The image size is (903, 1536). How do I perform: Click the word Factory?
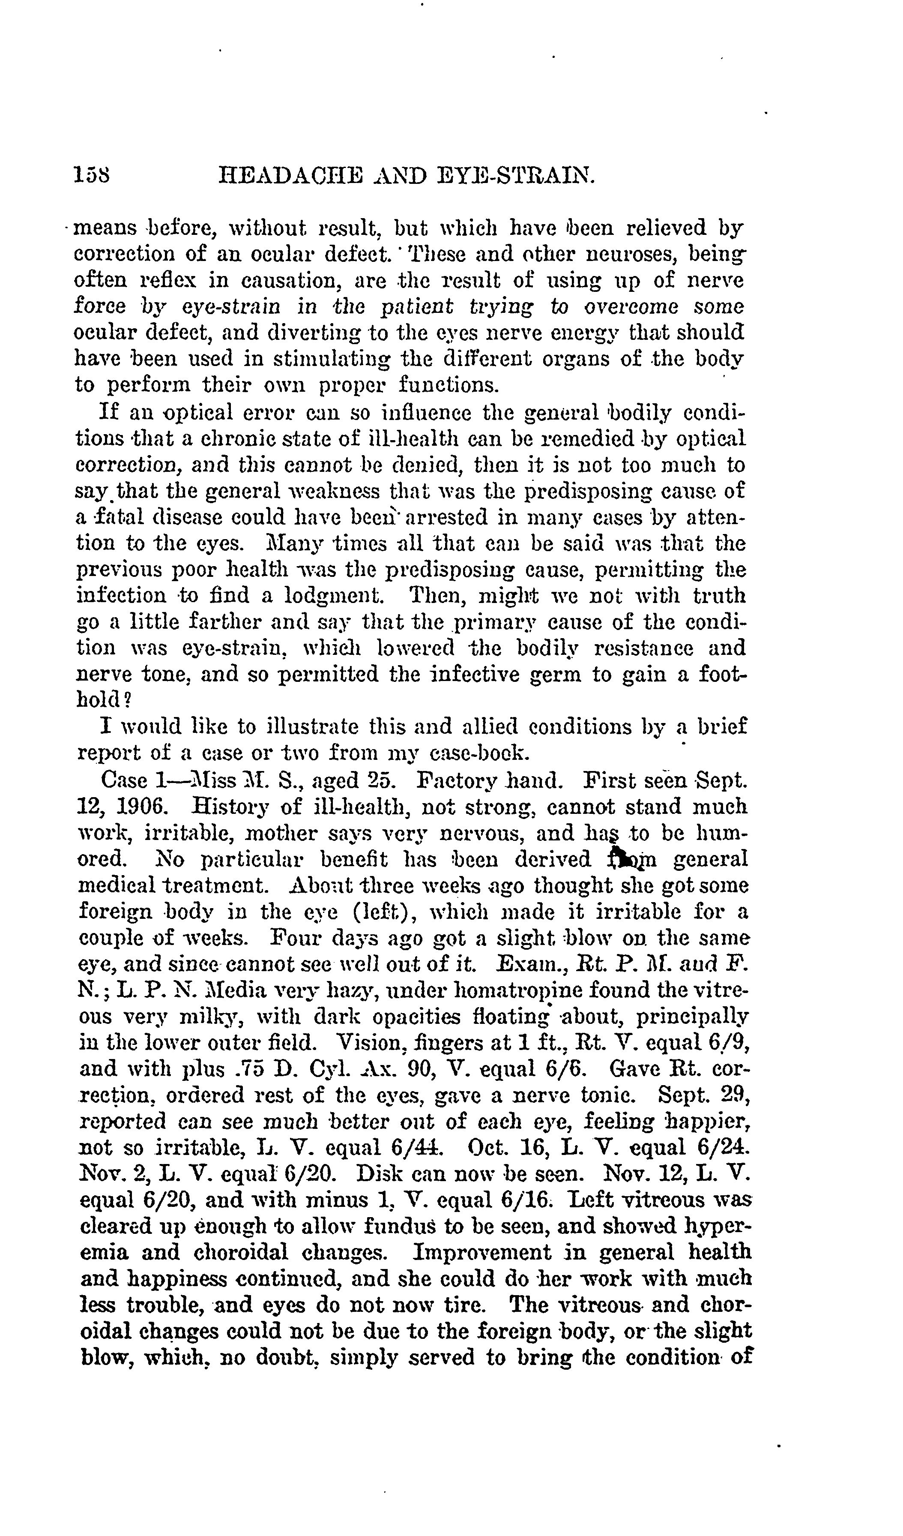pos(461,780)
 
